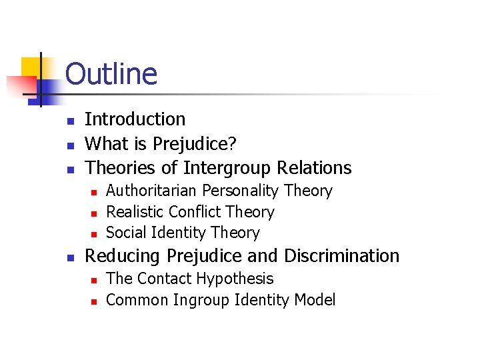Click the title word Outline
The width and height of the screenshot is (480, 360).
pos(111,74)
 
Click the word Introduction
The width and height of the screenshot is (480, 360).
pos(135,119)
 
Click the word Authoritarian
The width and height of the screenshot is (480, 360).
pos(152,191)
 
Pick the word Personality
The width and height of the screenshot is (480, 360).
pos(241,191)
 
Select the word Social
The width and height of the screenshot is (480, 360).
pos(126,233)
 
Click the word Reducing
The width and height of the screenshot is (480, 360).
pos(123,256)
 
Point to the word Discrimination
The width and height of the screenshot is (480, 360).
pos(341,255)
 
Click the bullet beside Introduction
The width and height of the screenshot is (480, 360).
pos(69,121)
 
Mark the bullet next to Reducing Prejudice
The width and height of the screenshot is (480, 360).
pos(69,257)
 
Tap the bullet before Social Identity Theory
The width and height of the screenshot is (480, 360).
pos(94,234)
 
